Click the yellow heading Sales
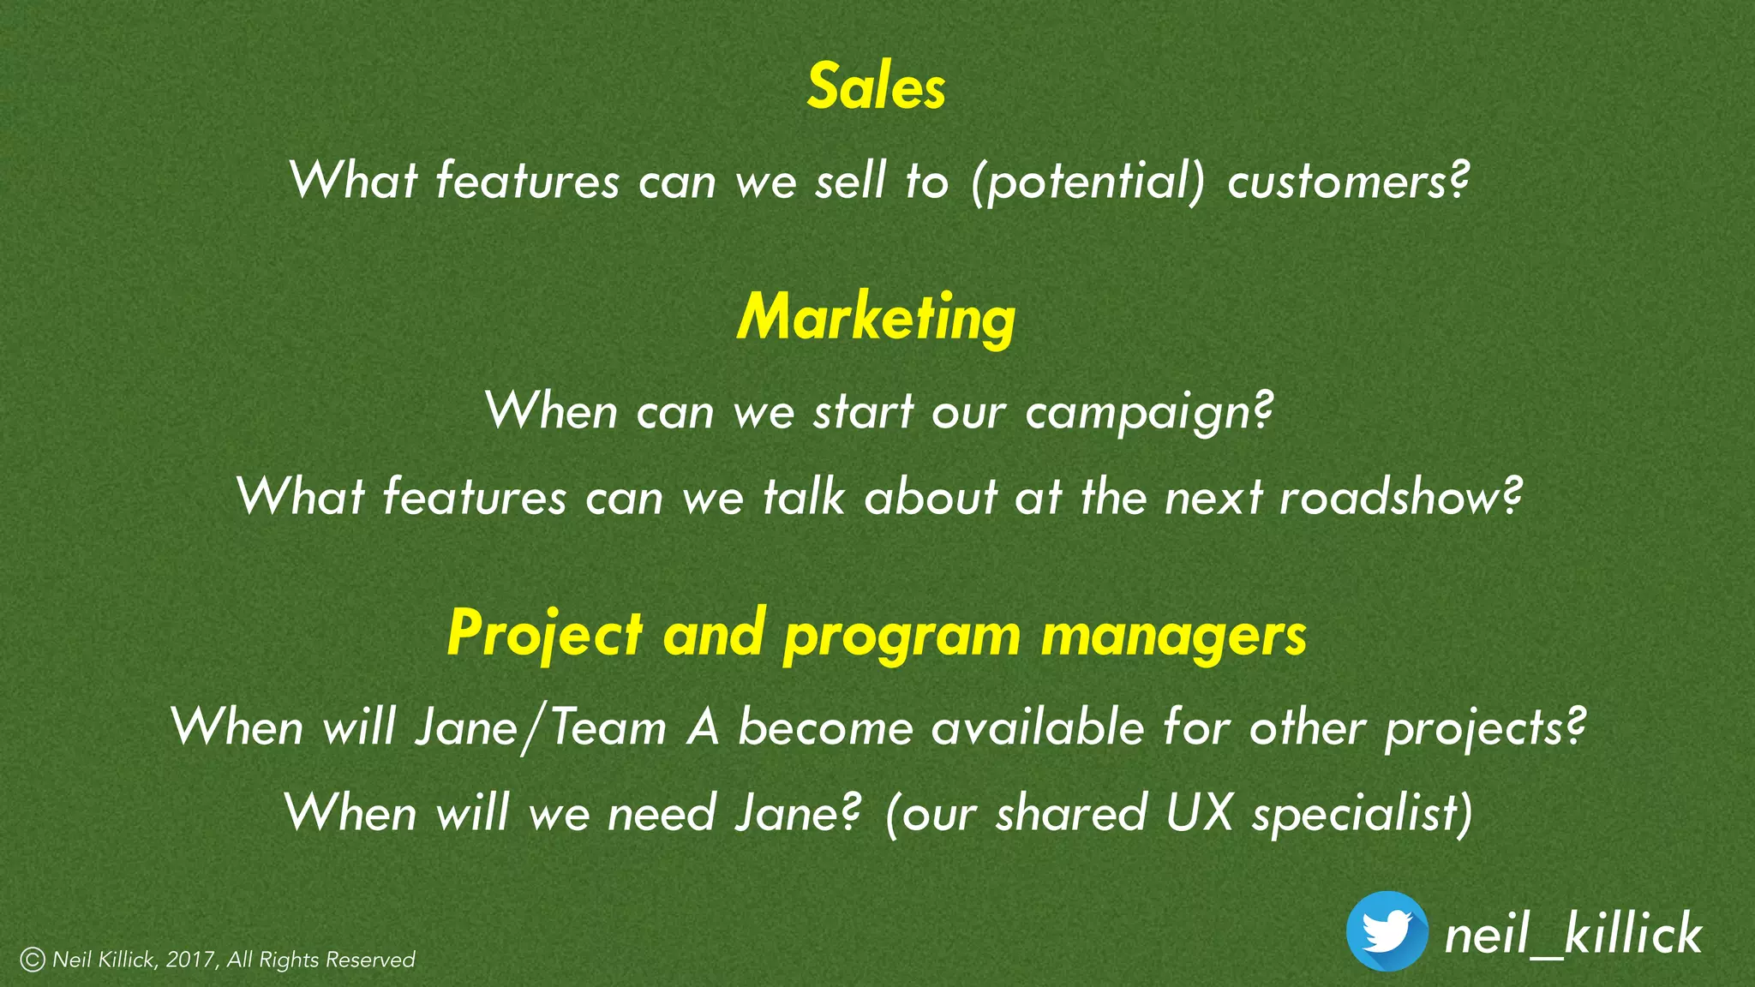coord(876,87)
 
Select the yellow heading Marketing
coord(876,318)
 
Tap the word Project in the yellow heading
coord(544,635)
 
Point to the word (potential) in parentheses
coord(1087,182)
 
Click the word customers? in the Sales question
coord(1348,182)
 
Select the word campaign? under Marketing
coord(1149,413)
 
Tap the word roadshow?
coord(1400,498)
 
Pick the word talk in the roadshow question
coord(804,498)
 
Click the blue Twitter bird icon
coord(1387,931)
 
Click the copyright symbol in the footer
coord(33,960)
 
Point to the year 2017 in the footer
coord(189,960)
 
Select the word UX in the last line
coord(1199,812)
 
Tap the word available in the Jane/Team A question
coord(1038,728)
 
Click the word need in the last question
coord(662,813)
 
